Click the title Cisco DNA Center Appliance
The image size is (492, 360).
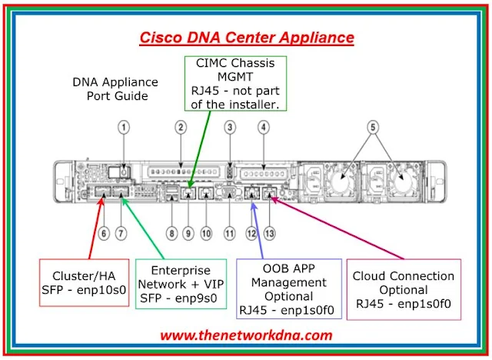click(246, 37)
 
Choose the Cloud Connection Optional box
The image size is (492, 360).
click(404, 289)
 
